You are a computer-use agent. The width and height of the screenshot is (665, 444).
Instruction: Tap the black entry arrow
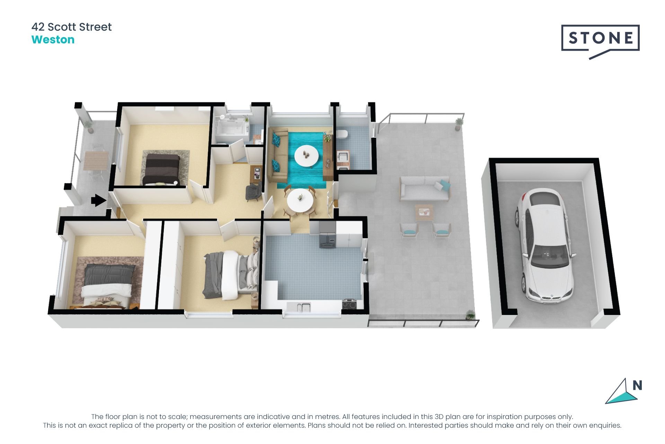(99, 200)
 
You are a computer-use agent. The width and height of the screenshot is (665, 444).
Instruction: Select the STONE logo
(600, 38)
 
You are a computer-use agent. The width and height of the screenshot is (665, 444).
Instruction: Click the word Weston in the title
(53, 40)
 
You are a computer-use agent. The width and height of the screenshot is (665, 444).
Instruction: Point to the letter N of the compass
(637, 385)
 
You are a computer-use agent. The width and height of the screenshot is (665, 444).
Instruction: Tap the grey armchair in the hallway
(254, 191)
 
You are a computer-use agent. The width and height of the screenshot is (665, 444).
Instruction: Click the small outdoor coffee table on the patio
(424, 212)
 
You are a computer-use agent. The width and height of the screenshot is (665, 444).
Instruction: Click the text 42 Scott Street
(71, 27)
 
